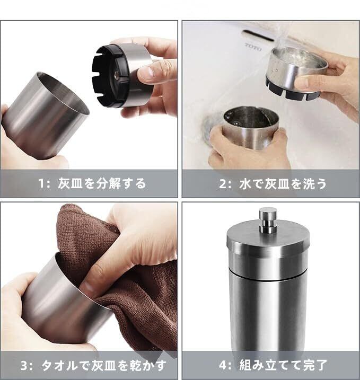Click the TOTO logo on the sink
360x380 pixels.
pos(253,47)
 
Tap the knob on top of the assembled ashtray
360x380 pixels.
pos(268,220)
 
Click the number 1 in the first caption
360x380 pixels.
pos(41,183)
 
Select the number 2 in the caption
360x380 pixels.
pos(223,184)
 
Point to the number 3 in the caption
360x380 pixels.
pos(24,366)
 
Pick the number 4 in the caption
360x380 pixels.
pos(223,365)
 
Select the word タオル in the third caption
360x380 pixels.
pos(59,366)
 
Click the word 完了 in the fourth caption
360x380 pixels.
pos(314,365)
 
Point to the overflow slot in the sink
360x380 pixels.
pos(259,36)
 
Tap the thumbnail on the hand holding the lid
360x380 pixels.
pos(146,72)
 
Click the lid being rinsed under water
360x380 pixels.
pos(296,73)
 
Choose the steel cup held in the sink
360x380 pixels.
pos(251,128)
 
